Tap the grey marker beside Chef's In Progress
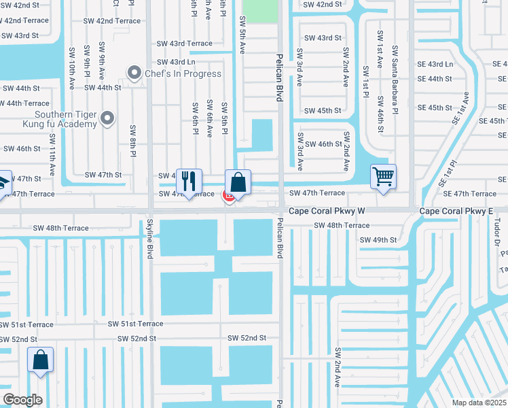tap(134, 72)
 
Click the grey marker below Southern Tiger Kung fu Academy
tap(107, 119)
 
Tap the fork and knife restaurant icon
tap(189, 181)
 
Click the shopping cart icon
tap(383, 177)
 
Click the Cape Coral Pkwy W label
tap(327, 211)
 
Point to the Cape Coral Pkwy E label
tap(456, 211)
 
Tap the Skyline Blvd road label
tap(149, 239)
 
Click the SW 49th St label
tap(378, 240)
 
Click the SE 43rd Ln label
tap(435, 64)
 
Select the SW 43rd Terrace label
tap(181, 44)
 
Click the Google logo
tap(22, 400)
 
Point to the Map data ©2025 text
tap(479, 403)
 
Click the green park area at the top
tap(260, 11)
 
